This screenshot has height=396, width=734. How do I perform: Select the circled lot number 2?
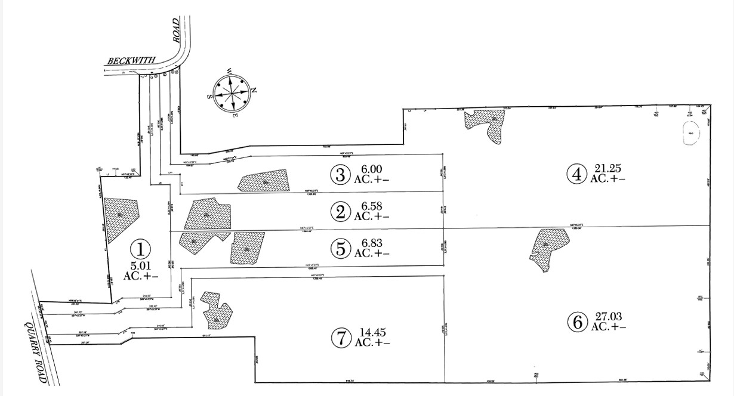(x=340, y=212)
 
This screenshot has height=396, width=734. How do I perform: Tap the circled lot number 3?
(x=340, y=174)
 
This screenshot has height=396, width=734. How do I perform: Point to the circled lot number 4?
(x=576, y=174)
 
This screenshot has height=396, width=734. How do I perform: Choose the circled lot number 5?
(x=341, y=249)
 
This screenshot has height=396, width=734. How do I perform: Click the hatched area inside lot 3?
(x=263, y=181)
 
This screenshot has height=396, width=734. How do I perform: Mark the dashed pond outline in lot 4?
(x=690, y=134)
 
